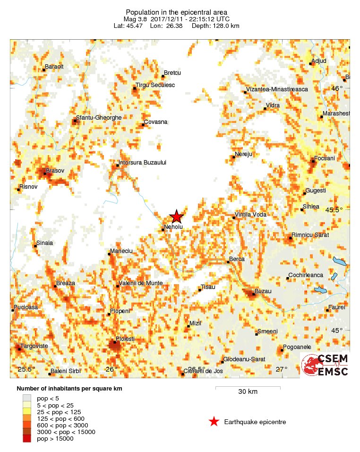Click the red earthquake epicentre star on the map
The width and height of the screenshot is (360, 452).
pos(176,217)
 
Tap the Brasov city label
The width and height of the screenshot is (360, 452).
pos(55,170)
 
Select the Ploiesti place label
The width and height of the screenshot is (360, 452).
pos(125,339)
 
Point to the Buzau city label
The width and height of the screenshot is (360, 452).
pos(263,291)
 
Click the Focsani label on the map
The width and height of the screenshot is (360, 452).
pos(324,158)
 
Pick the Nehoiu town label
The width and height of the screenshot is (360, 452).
pos(173,227)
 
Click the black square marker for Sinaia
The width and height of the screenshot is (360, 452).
pos(35,246)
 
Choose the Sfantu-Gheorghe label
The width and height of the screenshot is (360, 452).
pos(99,117)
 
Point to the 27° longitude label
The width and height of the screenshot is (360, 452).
pos(282,369)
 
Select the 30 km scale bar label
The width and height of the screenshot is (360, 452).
pos(248,391)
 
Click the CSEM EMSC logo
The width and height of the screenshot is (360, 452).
pos(325,365)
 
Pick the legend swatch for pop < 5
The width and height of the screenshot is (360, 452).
pos(27,399)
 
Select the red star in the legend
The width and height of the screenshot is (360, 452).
pos(214,422)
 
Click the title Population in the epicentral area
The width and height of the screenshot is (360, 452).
pos(176,12)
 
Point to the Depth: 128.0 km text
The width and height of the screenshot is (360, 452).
pos(215,26)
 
